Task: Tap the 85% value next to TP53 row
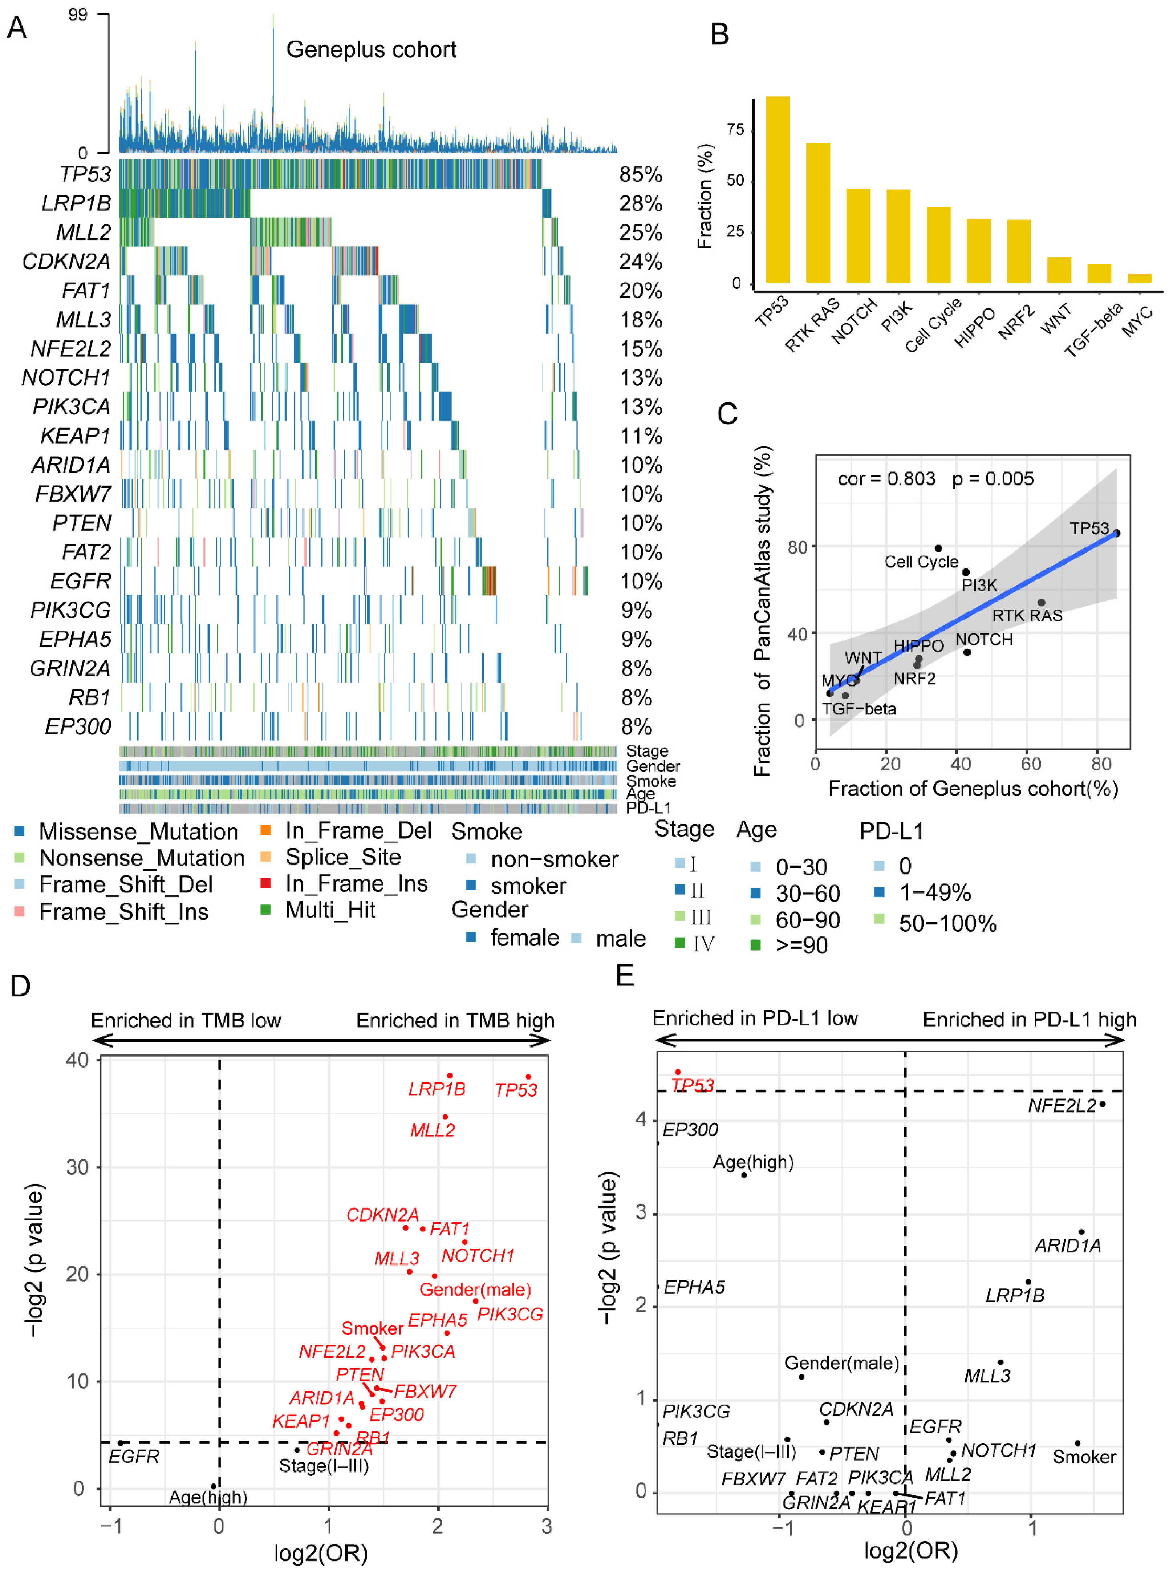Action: (641, 175)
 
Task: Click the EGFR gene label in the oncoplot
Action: (81, 581)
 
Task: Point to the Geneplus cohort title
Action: (371, 50)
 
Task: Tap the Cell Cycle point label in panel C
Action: (921, 562)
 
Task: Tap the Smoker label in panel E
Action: (1084, 1457)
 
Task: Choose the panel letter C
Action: (727, 414)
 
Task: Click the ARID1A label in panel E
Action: (1067, 1246)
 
